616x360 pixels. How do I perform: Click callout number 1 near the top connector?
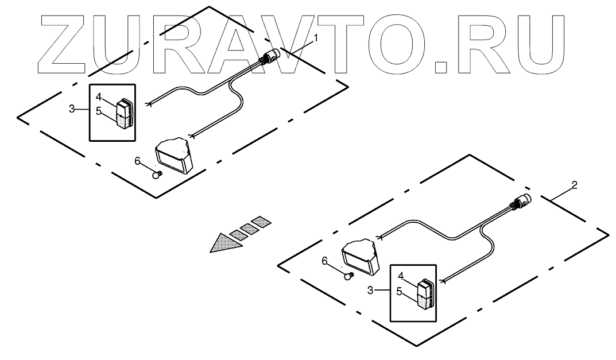click(315, 38)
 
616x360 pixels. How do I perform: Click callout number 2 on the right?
click(574, 185)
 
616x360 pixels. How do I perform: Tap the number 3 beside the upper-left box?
click(72, 108)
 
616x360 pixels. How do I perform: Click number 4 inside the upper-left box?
click(98, 96)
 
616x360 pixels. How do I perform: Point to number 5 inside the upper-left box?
click(98, 111)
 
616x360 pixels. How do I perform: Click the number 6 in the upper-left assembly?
click(137, 161)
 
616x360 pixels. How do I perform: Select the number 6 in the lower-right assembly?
click(324, 261)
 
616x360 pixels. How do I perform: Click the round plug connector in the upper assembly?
click(269, 56)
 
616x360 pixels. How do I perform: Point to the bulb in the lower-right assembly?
click(346, 276)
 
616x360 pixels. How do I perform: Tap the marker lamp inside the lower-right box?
click(426, 293)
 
